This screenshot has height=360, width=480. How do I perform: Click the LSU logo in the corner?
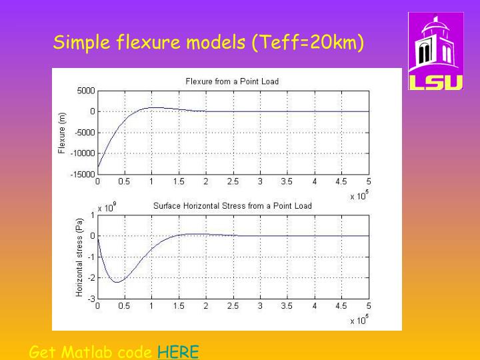pyautogui.click(x=435, y=51)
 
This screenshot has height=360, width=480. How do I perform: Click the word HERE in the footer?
pyautogui.click(x=178, y=352)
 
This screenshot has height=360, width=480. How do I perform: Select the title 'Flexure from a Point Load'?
pyautogui.click(x=232, y=81)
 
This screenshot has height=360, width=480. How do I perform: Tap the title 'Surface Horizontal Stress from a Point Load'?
pyautogui.click(x=232, y=206)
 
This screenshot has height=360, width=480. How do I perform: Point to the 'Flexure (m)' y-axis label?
pyautogui.click(x=63, y=132)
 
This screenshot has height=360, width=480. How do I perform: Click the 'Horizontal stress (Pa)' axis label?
pyautogui.click(x=79, y=257)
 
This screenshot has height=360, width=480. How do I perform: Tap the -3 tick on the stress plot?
pyautogui.click(x=92, y=299)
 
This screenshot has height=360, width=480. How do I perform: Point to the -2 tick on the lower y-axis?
pyautogui.click(x=92, y=278)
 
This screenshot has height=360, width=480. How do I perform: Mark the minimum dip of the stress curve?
pyautogui.click(x=116, y=282)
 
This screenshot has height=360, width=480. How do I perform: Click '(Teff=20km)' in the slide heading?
pyautogui.click(x=308, y=44)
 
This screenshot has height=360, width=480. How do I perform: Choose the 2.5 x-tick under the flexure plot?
pyautogui.click(x=233, y=181)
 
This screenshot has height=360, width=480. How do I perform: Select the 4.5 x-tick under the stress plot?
pyautogui.click(x=341, y=306)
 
